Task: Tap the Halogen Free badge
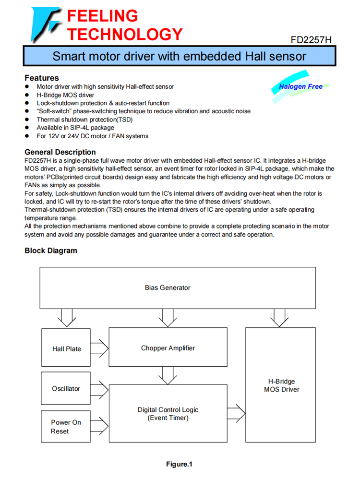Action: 301,87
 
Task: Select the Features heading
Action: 42,78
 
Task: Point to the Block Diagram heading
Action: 50,251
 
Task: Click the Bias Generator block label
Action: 168,288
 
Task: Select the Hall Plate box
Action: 67,349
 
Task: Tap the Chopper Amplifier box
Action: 168,348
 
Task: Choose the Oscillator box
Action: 66,388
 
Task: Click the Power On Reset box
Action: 66,427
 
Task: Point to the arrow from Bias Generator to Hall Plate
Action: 67,317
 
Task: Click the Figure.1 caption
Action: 179,464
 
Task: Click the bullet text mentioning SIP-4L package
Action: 75,128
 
